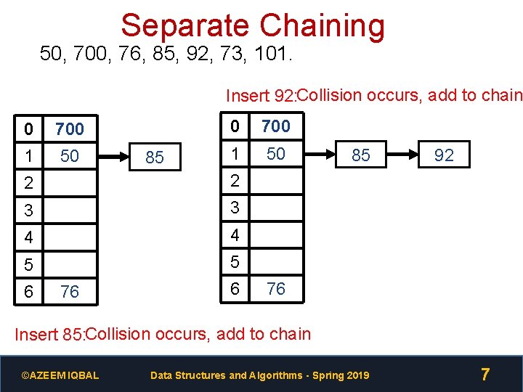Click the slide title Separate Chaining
253,25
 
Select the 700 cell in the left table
70,129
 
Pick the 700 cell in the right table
276,126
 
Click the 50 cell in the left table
70,156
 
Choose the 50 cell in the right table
276,154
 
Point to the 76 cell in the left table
70,292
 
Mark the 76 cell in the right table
276,289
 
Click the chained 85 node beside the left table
155,158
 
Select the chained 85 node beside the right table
361,155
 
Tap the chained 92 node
444,155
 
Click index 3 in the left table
28,211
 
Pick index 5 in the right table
234,261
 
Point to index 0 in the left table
28,129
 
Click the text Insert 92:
261,96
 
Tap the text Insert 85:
50,335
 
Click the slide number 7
485,375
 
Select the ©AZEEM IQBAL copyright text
60,375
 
